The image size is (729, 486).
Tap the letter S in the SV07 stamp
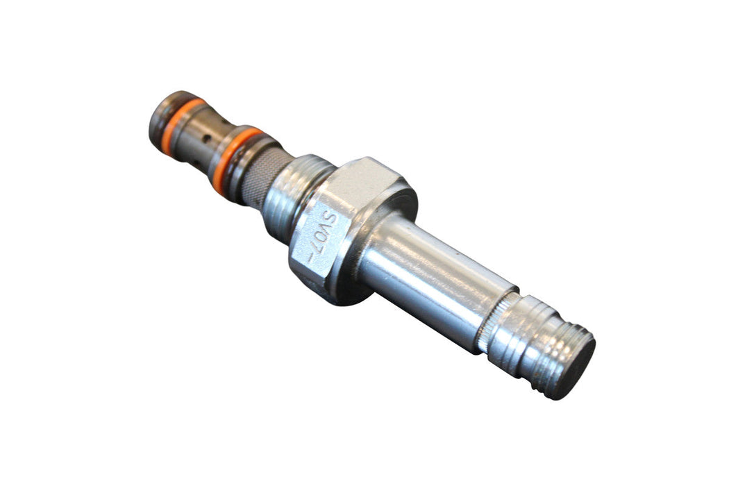(x=330, y=221)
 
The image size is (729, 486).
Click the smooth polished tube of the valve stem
(x=437, y=278)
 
